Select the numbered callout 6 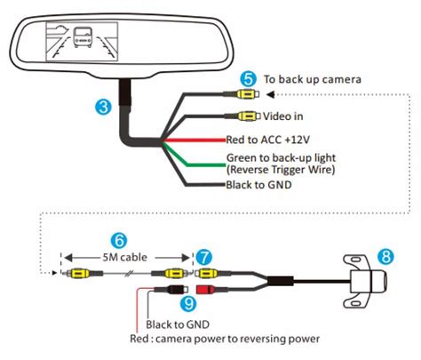click(x=118, y=239)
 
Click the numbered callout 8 click(x=385, y=256)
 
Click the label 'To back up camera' click(x=314, y=80)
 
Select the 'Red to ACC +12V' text click(x=267, y=140)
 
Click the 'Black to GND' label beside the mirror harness click(x=258, y=186)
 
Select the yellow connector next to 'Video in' click(x=249, y=116)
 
